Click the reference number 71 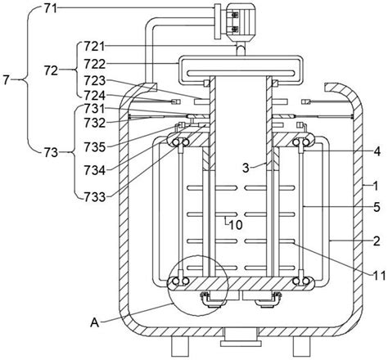pyautogui.click(x=50, y=8)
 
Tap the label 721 pyautogui.click(x=94, y=47)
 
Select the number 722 pyautogui.click(x=94, y=64)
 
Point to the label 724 pyautogui.click(x=94, y=96)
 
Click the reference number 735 pyautogui.click(x=94, y=147)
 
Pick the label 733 pyautogui.click(x=94, y=197)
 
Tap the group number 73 pyautogui.click(x=52, y=152)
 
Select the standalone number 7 pyautogui.click(x=7, y=80)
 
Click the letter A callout pyautogui.click(x=95, y=323)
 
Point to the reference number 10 pyautogui.click(x=236, y=225)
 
